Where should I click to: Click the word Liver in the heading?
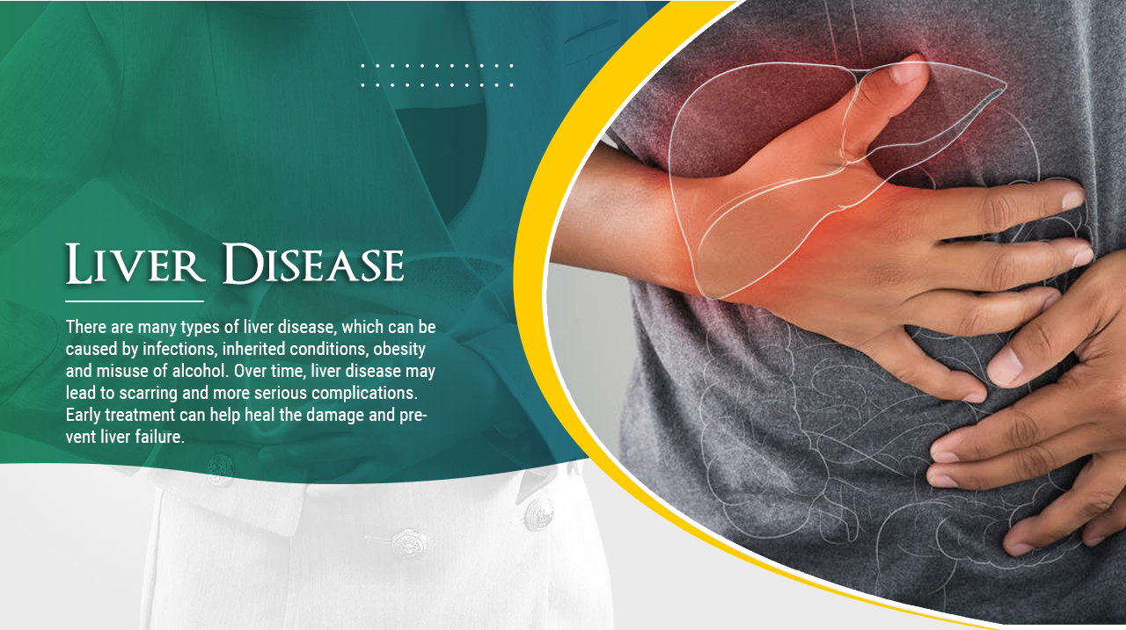coord(135,264)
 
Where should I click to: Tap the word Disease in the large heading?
coord(313,264)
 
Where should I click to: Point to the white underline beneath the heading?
coord(135,301)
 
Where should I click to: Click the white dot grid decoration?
coord(437,76)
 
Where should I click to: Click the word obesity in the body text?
coord(399,350)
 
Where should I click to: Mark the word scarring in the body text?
coord(149,394)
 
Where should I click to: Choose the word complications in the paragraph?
coord(364,394)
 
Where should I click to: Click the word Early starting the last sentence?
coord(83,416)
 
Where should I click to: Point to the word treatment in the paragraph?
coord(140,415)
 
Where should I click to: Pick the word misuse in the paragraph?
coord(122,371)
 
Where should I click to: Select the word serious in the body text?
coord(281,393)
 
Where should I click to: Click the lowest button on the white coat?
coord(409,544)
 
